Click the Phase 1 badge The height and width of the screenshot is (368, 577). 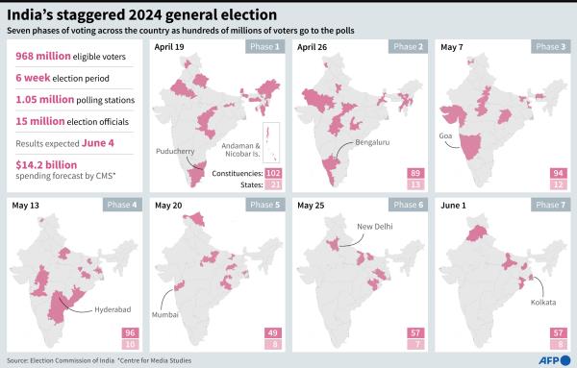click(263, 46)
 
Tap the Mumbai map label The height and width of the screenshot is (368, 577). click(176, 313)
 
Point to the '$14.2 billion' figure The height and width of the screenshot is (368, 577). click(43, 164)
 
